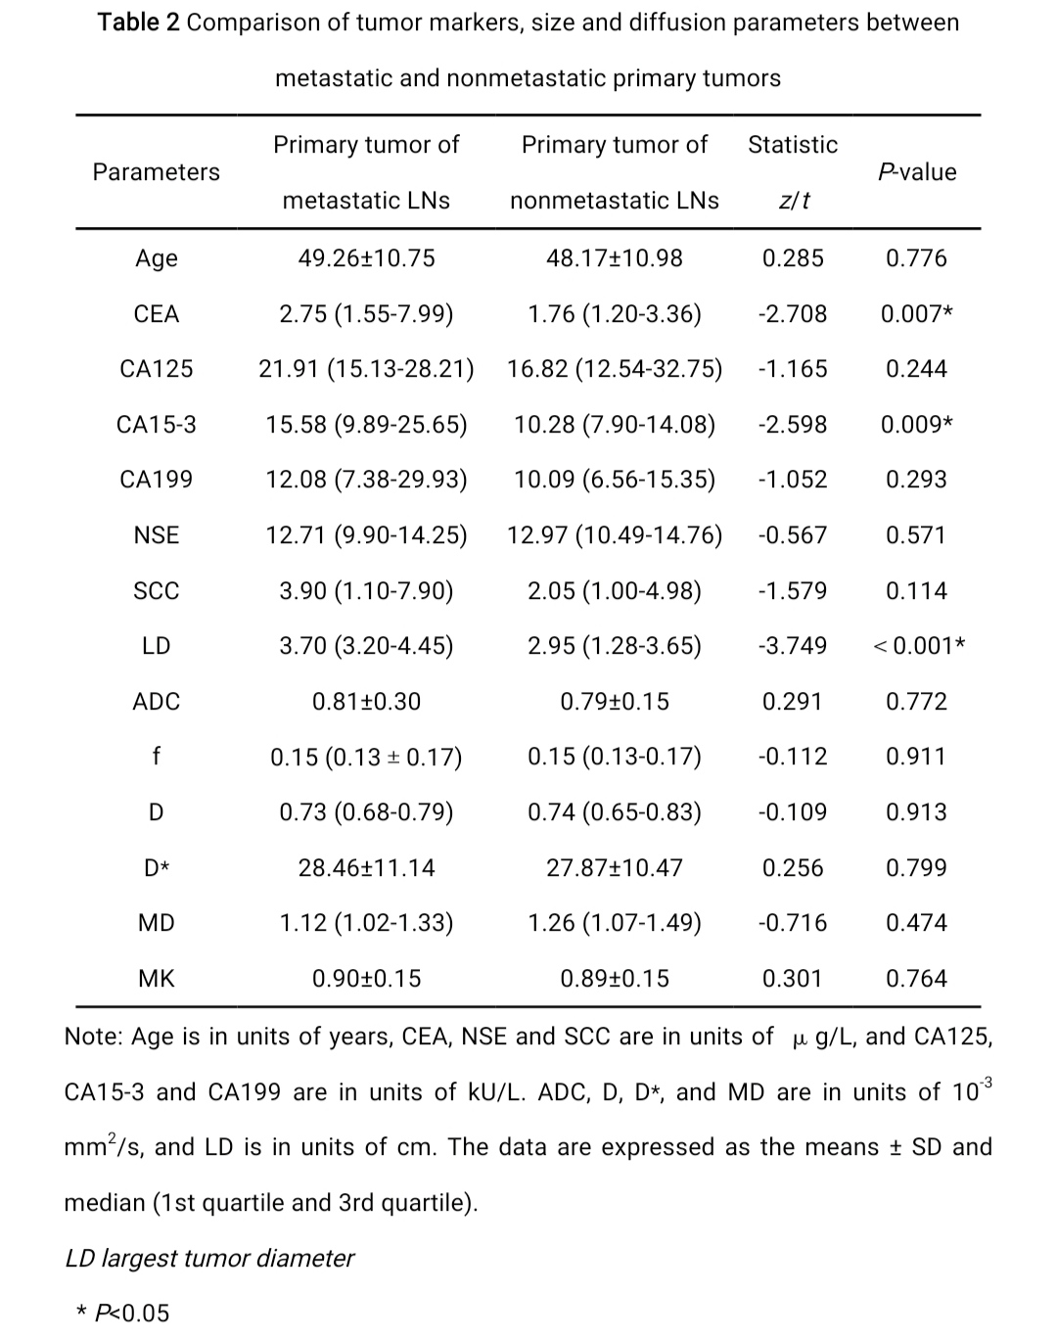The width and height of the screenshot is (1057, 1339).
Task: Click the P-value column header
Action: click(917, 172)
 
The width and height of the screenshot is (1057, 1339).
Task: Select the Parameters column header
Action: click(157, 172)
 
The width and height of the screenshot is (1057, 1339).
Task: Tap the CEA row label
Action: click(157, 314)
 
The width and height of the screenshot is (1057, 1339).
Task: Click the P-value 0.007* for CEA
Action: click(917, 314)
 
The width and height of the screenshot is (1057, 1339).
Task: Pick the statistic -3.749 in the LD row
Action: click(792, 646)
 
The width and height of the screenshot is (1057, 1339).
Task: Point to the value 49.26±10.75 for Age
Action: click(366, 258)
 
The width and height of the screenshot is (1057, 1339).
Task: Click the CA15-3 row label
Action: click(157, 425)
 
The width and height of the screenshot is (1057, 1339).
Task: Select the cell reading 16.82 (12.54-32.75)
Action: click(615, 369)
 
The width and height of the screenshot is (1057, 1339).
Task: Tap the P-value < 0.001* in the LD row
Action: click(918, 646)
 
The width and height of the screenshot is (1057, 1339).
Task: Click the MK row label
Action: click(157, 979)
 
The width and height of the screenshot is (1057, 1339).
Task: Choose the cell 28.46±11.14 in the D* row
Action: click(366, 868)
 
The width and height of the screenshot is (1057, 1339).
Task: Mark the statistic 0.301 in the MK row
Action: click(792, 979)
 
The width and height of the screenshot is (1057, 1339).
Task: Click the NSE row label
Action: click(157, 535)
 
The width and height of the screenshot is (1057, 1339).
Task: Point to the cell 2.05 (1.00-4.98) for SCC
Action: click(615, 591)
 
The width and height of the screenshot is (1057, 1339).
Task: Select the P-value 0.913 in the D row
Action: click(916, 812)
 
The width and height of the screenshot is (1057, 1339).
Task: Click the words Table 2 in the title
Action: click(138, 23)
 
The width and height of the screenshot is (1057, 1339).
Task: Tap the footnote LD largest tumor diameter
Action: click(209, 1258)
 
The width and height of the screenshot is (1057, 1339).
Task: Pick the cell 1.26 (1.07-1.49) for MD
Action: click(615, 923)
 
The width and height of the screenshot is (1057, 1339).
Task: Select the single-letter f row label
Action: click(157, 757)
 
